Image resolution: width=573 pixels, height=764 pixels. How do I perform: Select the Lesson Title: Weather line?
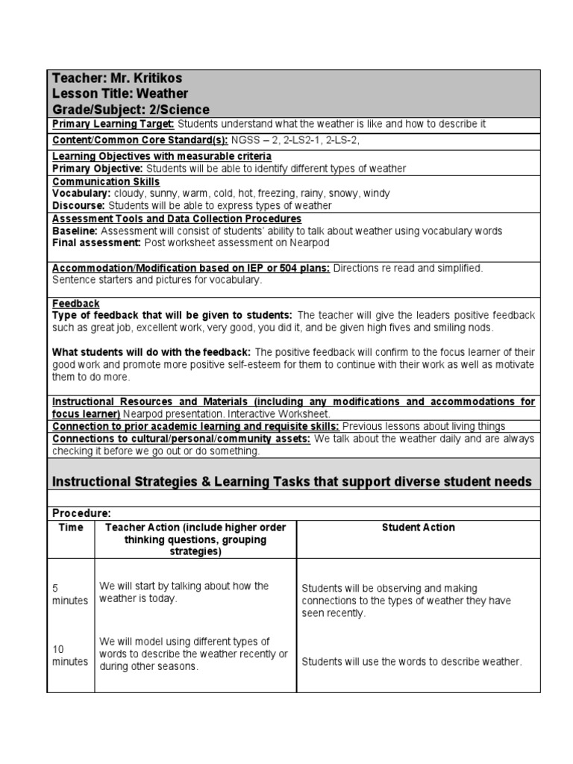[x=119, y=93]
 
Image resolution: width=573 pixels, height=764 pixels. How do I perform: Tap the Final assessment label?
[x=96, y=242]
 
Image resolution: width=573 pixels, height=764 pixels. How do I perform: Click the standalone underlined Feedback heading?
[x=75, y=304]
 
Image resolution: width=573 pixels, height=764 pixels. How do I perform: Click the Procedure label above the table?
[x=81, y=514]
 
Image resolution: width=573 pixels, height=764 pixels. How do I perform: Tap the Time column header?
[x=70, y=527]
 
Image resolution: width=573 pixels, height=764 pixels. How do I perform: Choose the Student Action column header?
[x=418, y=527]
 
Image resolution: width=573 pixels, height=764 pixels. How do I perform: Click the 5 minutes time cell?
[x=69, y=595]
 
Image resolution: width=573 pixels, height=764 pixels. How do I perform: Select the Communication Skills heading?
[x=105, y=181]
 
